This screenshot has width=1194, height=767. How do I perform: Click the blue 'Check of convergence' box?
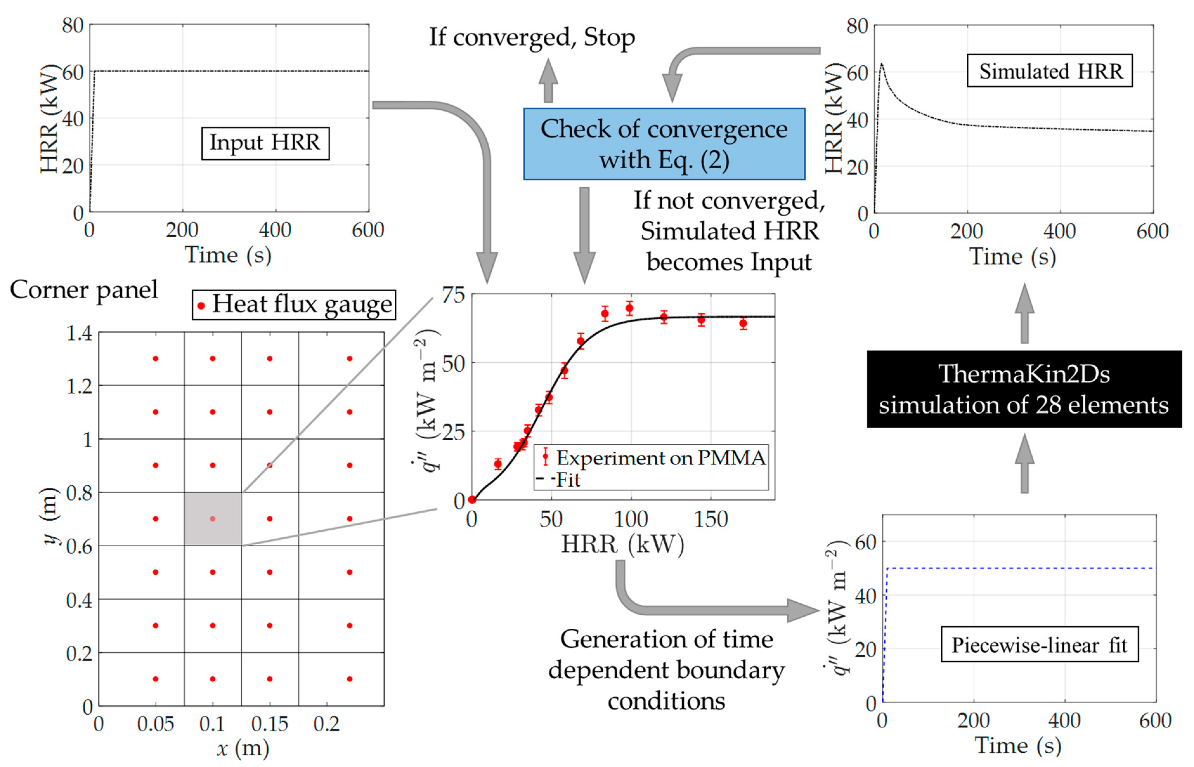pos(664,144)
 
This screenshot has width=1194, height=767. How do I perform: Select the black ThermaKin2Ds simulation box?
pos(1024,389)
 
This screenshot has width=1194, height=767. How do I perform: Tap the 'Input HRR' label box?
pos(265,143)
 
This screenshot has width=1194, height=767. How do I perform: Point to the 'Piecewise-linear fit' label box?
pos(1039,645)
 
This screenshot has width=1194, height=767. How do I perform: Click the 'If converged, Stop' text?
pos(532,37)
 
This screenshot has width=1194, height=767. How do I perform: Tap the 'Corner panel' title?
pos(84,289)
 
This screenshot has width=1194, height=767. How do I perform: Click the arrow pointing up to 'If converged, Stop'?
pos(548,80)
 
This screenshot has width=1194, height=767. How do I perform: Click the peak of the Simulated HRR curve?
pos(881,64)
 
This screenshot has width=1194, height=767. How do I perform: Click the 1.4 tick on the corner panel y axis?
pos(79,333)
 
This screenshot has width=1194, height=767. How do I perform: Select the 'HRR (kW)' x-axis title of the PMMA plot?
pos(622,544)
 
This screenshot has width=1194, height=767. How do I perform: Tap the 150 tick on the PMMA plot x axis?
pos(711,520)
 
